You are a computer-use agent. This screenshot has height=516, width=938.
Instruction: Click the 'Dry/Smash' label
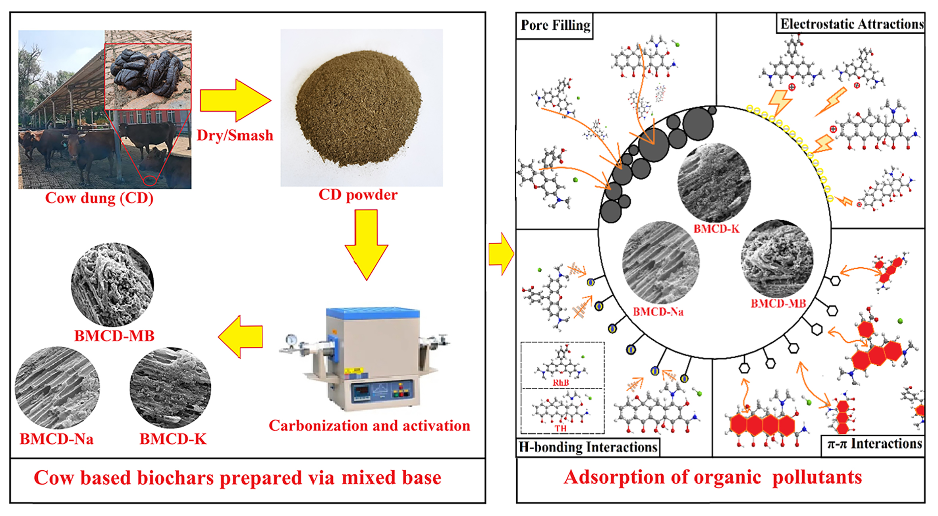point(235,135)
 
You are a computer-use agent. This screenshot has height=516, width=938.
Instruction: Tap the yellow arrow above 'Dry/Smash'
point(234,100)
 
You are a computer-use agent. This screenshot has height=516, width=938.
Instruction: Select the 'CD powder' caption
point(358,195)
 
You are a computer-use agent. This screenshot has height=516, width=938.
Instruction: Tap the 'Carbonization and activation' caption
point(369,425)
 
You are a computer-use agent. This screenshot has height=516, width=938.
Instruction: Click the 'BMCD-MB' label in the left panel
point(114,336)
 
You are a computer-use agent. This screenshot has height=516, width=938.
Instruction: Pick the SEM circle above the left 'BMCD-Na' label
point(57,388)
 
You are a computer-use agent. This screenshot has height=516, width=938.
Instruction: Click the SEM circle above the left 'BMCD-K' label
point(170,388)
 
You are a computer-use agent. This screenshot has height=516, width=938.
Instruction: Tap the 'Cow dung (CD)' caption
point(99,198)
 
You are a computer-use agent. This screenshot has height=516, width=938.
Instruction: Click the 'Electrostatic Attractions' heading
point(851,24)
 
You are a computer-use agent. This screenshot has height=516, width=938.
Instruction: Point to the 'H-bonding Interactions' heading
point(588,447)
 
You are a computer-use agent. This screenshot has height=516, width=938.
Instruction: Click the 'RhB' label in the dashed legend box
point(561,383)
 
